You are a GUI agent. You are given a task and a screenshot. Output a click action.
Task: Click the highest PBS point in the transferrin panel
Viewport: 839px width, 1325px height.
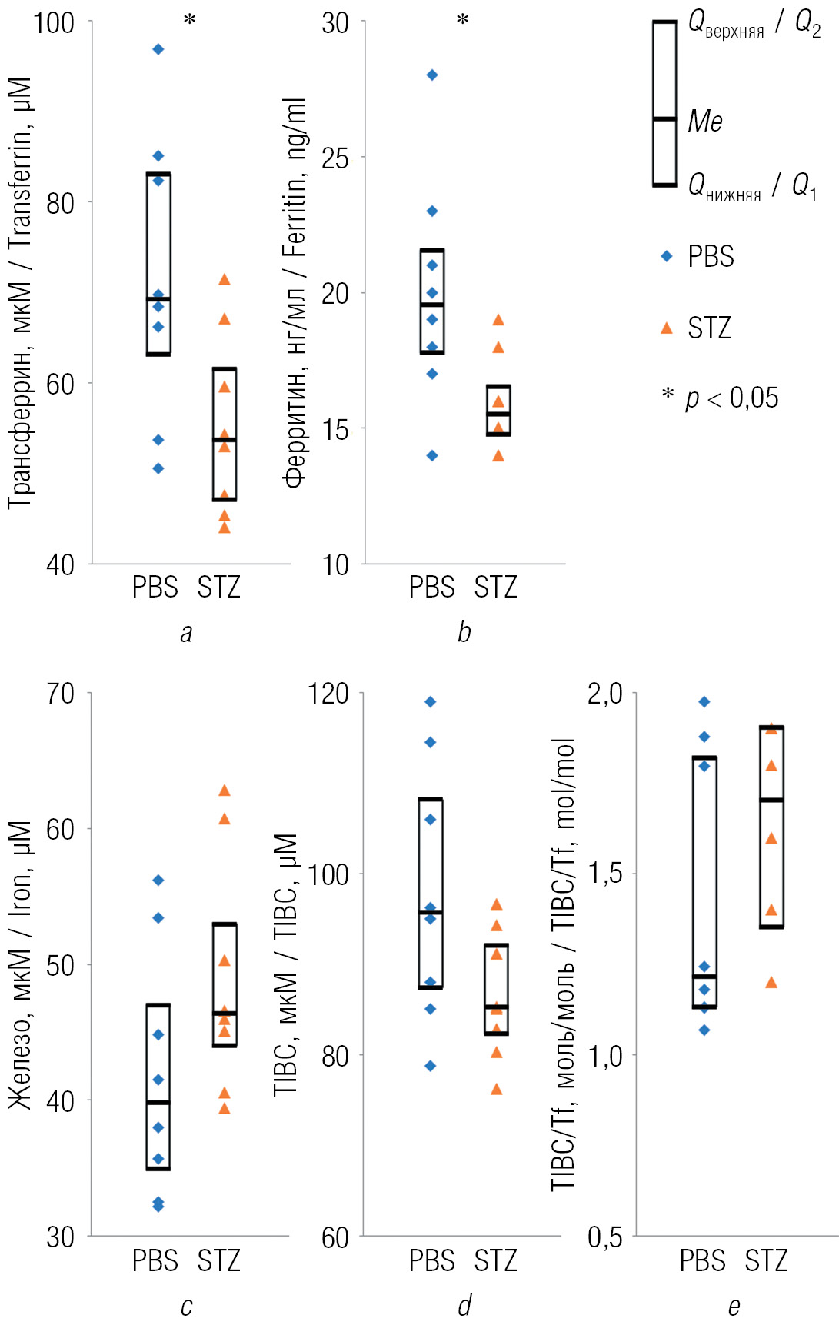coord(158,49)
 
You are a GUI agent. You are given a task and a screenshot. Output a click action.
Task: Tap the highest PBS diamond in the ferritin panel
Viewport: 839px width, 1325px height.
coord(432,75)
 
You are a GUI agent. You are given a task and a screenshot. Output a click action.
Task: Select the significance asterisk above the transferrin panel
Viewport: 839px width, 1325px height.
coord(190,20)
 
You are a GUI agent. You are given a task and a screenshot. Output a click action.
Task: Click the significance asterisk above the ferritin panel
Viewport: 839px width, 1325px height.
coord(463,20)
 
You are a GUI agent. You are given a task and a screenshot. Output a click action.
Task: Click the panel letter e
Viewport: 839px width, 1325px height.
coord(734,1306)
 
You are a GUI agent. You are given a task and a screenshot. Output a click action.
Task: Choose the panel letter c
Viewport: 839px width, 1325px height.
coord(186,1306)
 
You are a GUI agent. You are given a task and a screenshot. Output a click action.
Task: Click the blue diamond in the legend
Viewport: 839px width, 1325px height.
coord(667,256)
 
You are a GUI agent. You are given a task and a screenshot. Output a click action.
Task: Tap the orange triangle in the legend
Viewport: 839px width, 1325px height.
coord(667,328)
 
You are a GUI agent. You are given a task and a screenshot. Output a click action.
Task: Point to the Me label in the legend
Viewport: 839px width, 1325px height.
coord(705,122)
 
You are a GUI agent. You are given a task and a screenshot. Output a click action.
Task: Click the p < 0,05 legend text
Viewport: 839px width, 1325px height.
coord(731,398)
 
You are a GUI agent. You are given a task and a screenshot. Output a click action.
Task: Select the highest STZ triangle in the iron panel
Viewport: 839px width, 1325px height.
coord(225,791)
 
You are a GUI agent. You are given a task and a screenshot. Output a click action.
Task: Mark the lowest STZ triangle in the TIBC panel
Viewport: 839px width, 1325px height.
coord(497,1089)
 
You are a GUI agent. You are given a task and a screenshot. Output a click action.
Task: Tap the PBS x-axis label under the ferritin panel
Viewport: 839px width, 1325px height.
coord(431,588)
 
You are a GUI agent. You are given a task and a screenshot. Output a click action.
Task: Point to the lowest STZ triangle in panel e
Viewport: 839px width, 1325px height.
coord(771,982)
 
